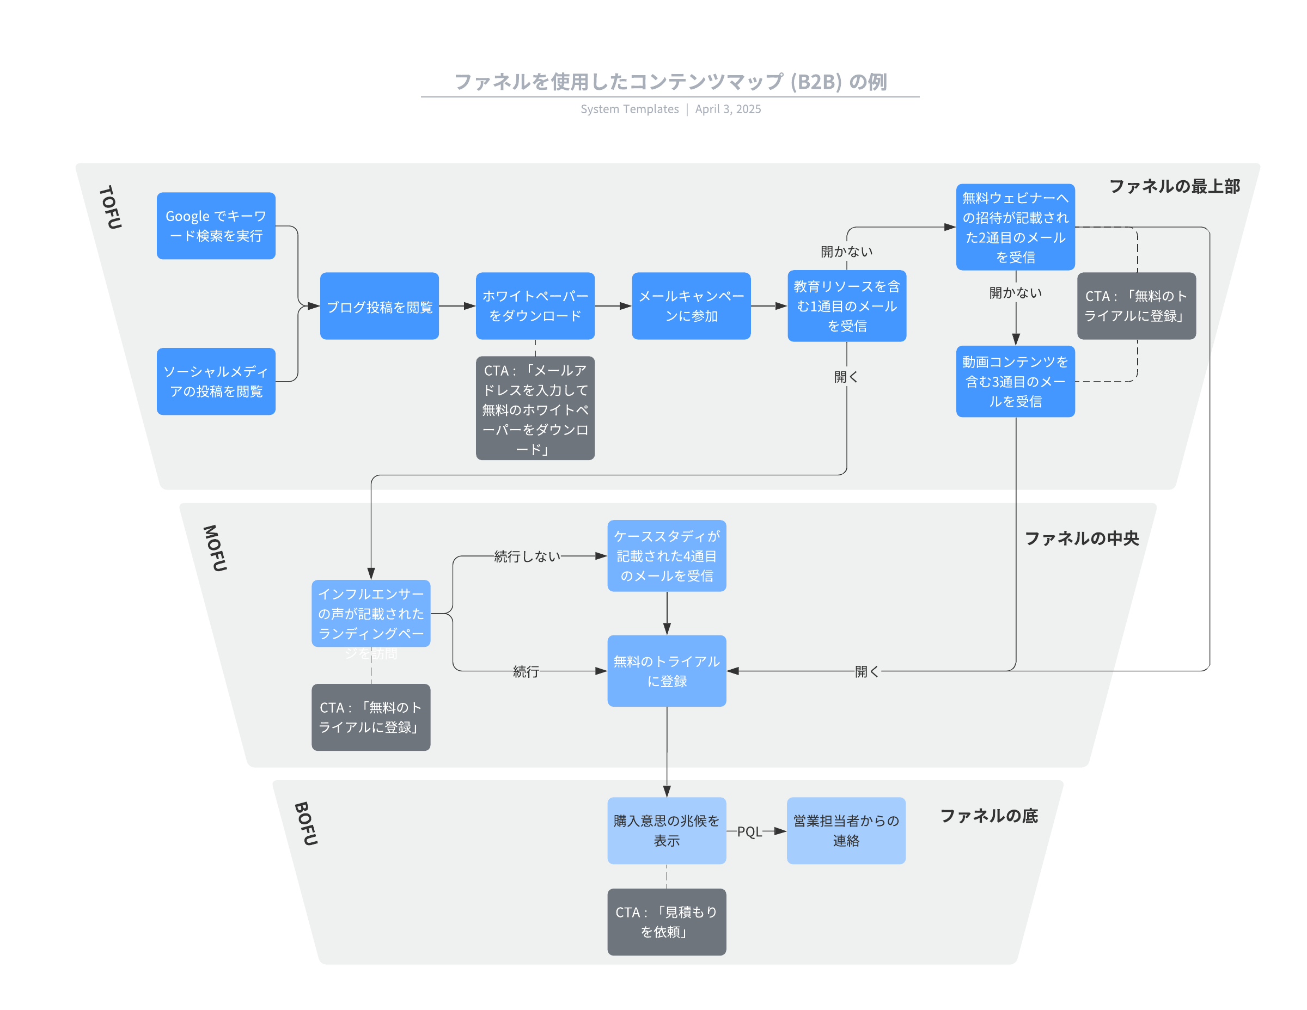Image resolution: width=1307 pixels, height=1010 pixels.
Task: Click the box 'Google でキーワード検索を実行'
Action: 216,225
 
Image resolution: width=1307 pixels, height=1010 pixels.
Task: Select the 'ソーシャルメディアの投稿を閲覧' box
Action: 216,381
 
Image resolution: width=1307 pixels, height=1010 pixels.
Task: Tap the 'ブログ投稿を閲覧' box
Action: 379,307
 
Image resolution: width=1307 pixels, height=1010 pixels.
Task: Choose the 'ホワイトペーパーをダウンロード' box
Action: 535,306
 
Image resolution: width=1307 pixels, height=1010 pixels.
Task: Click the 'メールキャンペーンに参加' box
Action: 691,306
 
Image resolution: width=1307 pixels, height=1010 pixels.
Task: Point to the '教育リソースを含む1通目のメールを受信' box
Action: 846,306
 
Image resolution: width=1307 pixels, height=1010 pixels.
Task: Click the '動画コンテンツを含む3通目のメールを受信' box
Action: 1015,381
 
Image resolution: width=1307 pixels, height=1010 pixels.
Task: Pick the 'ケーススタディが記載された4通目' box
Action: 666,556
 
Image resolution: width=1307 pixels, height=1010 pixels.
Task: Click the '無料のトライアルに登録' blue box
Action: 666,671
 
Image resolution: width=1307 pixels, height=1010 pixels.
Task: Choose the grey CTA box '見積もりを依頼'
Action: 666,921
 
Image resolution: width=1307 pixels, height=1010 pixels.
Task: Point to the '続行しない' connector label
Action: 527,556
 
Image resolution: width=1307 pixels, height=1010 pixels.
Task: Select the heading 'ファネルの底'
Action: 988,816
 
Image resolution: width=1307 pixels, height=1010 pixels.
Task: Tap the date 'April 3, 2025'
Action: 728,109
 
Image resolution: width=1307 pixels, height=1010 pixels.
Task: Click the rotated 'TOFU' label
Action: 111,207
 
